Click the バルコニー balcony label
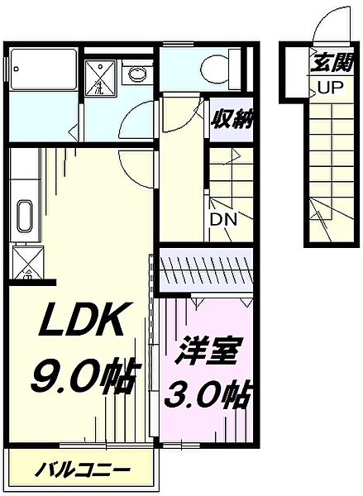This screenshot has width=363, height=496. click(83, 471)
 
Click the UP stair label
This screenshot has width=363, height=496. click(322, 88)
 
